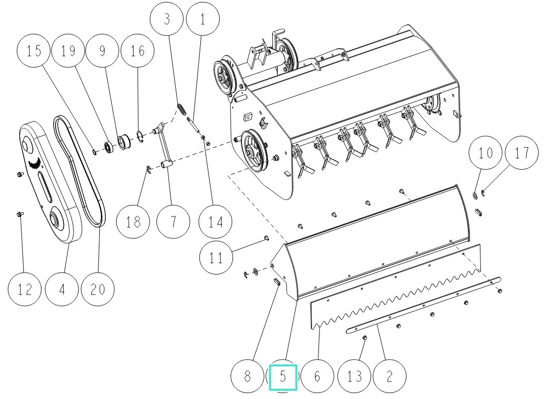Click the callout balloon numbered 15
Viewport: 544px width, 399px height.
click(34, 51)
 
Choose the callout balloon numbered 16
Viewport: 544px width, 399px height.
click(138, 51)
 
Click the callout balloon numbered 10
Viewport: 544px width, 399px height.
click(485, 152)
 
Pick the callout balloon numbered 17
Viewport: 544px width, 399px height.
click(522, 152)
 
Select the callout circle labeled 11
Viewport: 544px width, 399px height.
click(216, 258)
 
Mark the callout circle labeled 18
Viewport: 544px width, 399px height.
click(133, 221)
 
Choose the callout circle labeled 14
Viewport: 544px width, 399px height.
click(215, 221)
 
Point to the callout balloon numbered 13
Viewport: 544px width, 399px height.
click(354, 376)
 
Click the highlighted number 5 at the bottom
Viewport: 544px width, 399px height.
click(283, 377)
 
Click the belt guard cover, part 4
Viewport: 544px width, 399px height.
click(47, 184)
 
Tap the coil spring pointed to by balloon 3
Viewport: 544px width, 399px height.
click(182, 108)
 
